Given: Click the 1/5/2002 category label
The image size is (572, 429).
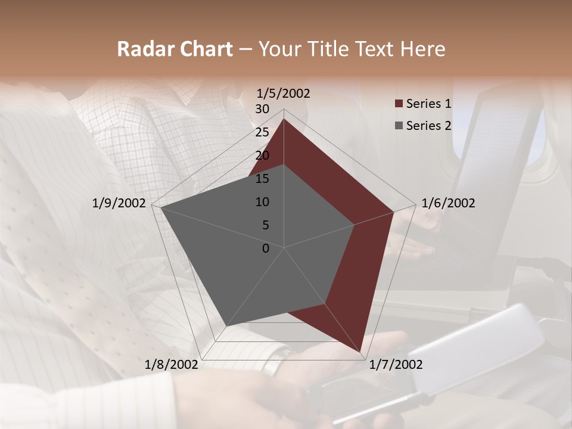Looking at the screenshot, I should (x=284, y=94).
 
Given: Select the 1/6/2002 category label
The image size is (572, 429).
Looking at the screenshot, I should (x=448, y=203).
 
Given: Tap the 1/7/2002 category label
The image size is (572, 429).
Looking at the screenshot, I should (x=396, y=365).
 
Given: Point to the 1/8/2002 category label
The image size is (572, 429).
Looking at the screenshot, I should (x=172, y=365).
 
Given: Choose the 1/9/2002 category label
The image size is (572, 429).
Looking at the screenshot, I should (x=119, y=203).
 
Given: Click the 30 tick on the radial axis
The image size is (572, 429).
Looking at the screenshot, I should (x=262, y=109).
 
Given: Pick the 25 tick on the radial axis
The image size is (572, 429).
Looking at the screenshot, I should (x=262, y=132).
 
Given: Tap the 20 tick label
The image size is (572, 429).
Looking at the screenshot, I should (x=262, y=156).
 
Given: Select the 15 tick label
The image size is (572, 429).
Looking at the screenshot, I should (x=262, y=179).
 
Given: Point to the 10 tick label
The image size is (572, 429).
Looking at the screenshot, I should (x=262, y=202).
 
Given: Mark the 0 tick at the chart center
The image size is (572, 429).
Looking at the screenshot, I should (x=266, y=248).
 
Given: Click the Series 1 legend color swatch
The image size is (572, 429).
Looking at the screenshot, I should (x=398, y=104).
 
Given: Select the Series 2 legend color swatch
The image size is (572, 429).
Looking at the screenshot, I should (x=398, y=126).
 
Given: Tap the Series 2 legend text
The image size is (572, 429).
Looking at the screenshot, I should (x=428, y=126).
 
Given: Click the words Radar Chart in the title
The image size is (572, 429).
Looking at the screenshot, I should (x=175, y=49).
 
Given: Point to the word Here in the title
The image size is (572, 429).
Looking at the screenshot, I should (x=422, y=49).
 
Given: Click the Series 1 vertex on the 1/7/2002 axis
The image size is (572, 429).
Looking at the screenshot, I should (x=360, y=352).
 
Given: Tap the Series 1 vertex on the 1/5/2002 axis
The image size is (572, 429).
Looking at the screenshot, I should (x=284, y=119).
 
